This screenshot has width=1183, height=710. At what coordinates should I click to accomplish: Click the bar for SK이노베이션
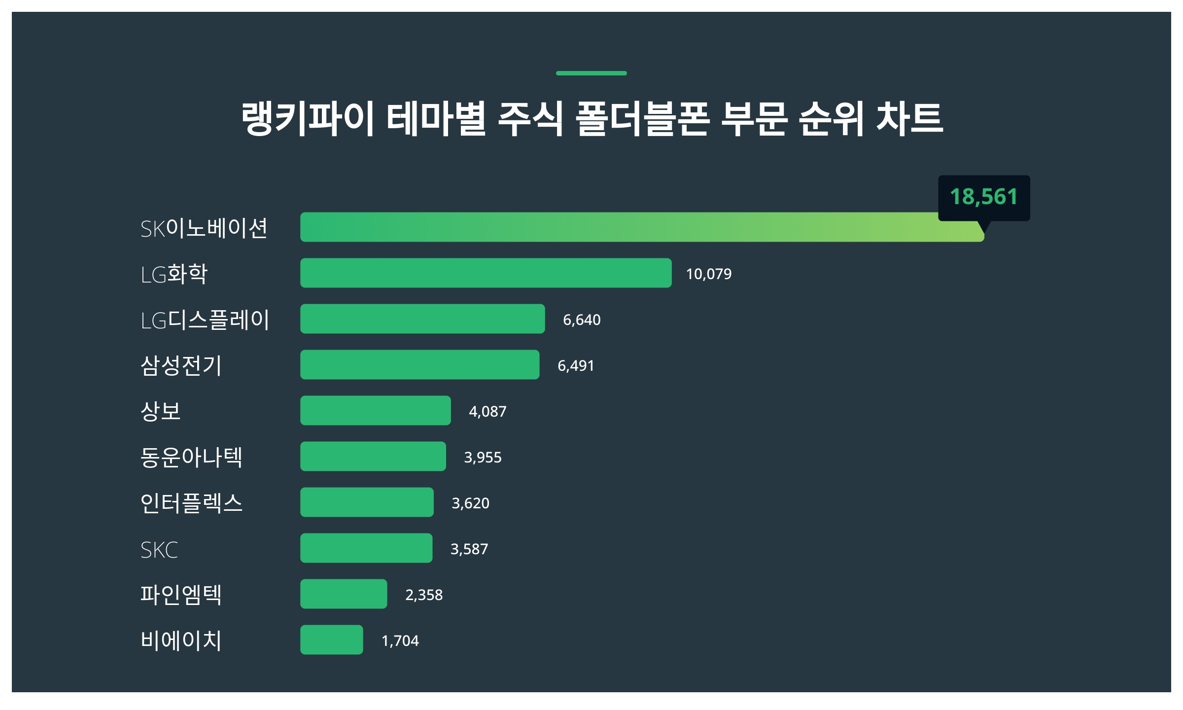point(641,227)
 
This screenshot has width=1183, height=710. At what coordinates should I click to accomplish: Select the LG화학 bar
point(486,273)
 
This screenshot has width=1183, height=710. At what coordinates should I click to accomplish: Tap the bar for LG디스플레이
point(422,319)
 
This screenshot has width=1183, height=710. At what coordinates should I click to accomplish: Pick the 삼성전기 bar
point(419,365)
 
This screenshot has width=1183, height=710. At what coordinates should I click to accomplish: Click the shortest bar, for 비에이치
point(332,640)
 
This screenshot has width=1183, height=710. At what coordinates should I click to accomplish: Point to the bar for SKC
point(366,548)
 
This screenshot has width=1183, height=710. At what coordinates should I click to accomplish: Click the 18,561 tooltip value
point(983,197)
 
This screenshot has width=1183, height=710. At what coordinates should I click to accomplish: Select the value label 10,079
point(708,274)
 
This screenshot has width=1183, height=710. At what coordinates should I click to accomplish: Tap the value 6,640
point(582,320)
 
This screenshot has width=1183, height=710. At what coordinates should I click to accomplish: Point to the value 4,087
point(487,412)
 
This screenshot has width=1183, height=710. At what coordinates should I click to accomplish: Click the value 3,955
point(483,458)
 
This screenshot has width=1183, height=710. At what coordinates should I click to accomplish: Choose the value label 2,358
point(424,595)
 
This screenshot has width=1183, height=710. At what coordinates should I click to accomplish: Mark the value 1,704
point(400,641)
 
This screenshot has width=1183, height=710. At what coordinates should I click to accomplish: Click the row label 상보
point(161,411)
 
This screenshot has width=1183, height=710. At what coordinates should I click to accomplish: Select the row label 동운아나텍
point(191,457)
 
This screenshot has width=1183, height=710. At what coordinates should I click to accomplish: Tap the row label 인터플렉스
point(191,503)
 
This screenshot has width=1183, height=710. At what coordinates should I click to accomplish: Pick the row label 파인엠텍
point(181,595)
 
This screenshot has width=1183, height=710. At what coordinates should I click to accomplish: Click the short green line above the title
point(591,73)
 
